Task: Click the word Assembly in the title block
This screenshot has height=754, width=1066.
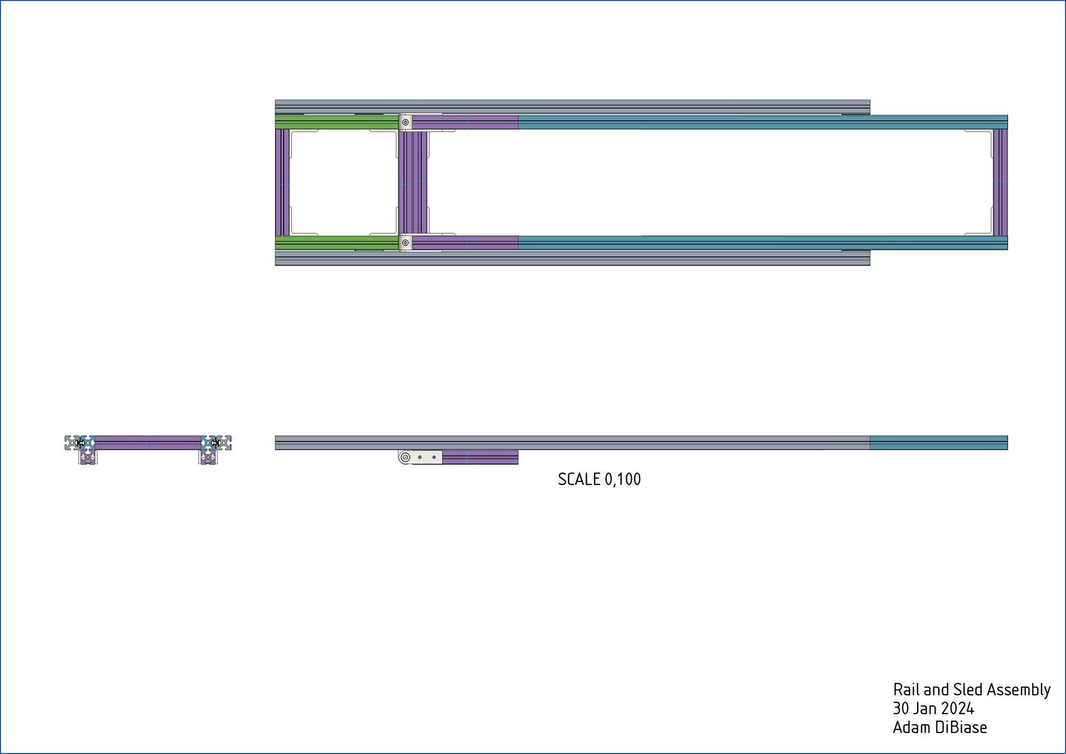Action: (1019, 690)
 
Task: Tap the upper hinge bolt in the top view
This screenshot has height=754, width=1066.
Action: (405, 122)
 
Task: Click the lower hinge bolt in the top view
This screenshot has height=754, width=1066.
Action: (405, 243)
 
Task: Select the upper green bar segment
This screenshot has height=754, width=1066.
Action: (336, 122)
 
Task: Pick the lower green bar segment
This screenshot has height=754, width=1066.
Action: (336, 243)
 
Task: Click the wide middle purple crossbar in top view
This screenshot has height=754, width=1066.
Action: (413, 182)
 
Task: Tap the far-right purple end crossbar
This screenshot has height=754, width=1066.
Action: (1000, 182)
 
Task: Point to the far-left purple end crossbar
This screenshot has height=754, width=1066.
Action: (283, 182)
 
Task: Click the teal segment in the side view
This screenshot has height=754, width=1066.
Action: (938, 443)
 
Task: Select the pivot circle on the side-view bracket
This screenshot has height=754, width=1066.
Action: (405, 458)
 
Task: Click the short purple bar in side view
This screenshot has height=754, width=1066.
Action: (480, 458)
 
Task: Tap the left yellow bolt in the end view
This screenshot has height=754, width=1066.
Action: (81, 443)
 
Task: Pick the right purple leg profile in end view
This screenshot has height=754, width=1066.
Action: (208, 457)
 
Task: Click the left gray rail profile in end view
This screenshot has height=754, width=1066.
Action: (72, 443)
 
